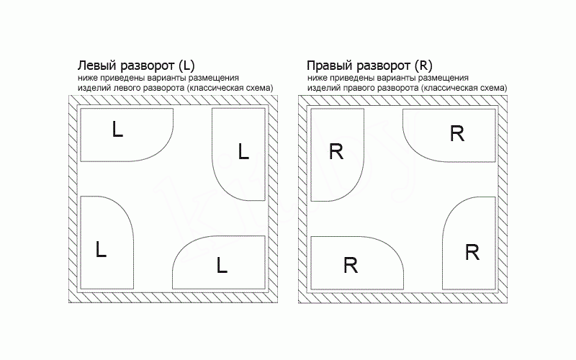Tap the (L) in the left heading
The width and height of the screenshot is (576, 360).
pos(186,66)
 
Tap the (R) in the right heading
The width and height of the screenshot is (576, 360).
pos(423,66)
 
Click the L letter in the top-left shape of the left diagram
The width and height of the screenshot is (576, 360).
pos(117,130)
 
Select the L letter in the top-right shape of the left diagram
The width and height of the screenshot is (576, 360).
pos(243,151)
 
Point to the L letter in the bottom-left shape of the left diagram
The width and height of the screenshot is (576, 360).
pos(101,249)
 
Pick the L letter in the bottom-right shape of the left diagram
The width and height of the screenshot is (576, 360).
pos(222,265)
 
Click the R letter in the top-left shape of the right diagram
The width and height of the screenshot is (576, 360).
pos(336,151)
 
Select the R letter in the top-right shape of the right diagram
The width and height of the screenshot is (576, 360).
pos(457,133)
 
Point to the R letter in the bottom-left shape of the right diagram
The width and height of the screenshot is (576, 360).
pos(351,265)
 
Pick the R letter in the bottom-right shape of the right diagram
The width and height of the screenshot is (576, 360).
pos(472,253)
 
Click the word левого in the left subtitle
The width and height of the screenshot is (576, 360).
pos(128,88)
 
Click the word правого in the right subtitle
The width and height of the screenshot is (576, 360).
pos(359,88)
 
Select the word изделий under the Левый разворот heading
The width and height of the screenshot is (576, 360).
pos(95,88)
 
